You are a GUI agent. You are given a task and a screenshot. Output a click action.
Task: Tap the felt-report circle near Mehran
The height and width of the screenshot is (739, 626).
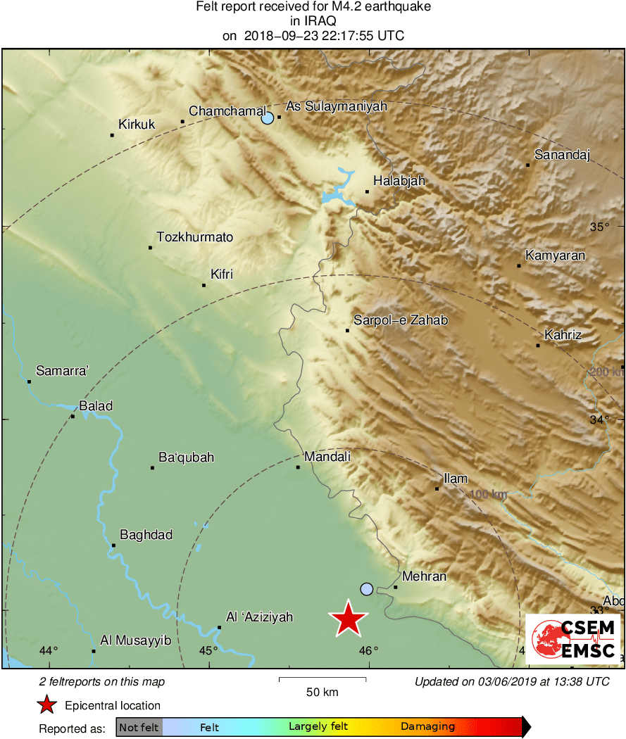366,588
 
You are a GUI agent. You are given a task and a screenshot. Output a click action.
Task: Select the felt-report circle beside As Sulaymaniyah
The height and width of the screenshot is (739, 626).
268,118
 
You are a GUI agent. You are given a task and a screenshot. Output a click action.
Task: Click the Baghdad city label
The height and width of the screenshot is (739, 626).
146,535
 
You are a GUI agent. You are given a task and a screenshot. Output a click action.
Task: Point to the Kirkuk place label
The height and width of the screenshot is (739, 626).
137,125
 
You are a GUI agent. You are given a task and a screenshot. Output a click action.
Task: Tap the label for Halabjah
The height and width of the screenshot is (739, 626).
399,181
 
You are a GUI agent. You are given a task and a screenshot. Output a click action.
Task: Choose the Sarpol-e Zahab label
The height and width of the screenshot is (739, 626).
401,320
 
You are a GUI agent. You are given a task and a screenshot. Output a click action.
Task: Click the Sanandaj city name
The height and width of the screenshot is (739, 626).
562,155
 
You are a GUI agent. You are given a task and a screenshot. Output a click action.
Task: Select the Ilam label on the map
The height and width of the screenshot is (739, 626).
456,479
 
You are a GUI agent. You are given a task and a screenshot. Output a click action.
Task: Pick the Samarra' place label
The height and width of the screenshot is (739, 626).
62,371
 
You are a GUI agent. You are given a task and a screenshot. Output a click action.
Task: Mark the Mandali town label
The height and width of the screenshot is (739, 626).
327,457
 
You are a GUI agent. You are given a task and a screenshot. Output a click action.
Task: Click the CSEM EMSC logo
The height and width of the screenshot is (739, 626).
573,639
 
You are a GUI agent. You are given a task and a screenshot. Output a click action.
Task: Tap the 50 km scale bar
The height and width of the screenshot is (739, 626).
323,679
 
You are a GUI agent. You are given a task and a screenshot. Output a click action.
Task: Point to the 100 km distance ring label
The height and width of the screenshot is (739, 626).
488,494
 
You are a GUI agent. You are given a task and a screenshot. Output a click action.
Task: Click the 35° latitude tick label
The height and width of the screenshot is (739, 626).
599,227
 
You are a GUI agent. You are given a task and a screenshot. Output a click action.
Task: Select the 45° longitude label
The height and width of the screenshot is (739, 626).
208,650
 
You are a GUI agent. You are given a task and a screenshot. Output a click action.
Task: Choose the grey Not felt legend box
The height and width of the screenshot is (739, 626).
139,727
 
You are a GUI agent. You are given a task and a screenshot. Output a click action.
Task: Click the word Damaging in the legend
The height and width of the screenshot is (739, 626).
427,727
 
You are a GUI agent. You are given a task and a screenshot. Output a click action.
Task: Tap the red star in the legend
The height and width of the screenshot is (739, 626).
46,705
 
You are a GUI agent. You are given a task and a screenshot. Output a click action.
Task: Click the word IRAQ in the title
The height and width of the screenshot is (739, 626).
313,21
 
